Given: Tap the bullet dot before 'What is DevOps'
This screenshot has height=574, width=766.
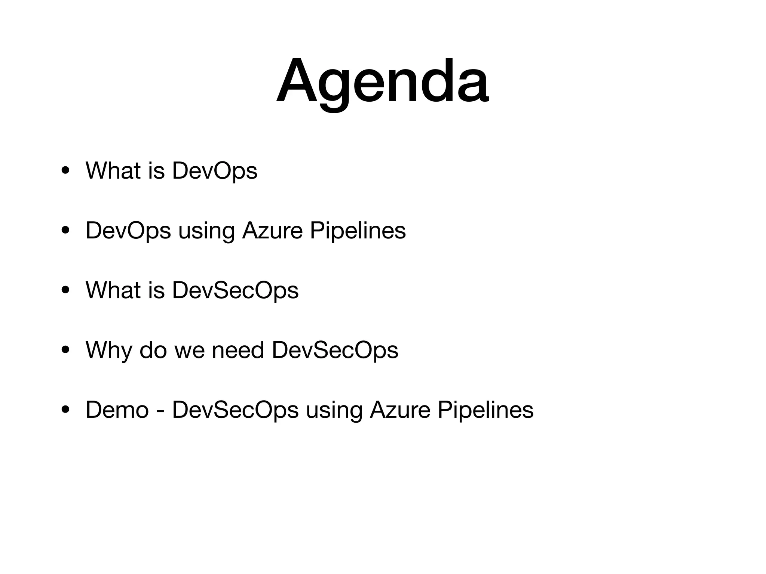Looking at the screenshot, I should click(65, 171).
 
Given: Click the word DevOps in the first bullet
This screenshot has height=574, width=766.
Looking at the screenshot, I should click(214, 171).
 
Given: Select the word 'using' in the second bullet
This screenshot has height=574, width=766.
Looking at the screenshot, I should click(206, 231).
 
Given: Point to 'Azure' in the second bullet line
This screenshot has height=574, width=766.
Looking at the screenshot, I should click(272, 231).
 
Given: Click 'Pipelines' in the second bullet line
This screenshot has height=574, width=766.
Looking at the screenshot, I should click(358, 231).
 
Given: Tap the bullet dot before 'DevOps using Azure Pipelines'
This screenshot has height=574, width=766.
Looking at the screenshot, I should click(65, 231).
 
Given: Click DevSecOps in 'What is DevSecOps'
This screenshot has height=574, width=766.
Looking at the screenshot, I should click(235, 290).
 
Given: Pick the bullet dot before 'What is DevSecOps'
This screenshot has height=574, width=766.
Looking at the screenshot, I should click(65, 290).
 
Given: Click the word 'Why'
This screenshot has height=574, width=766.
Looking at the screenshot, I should click(108, 350).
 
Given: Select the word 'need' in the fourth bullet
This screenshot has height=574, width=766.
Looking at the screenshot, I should click(238, 350).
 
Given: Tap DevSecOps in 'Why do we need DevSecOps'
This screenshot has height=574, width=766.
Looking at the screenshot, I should click(335, 350).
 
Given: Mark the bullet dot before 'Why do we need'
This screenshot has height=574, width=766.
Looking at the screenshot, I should click(65, 350).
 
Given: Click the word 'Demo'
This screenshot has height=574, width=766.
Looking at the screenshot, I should click(117, 410).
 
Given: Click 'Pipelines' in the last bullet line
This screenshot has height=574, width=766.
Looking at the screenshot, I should click(485, 410).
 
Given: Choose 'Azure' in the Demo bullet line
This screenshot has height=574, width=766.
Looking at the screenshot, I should click(400, 410).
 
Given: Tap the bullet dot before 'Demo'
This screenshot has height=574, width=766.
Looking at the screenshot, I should click(65, 410).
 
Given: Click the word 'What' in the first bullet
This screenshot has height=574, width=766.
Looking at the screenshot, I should click(113, 171).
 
